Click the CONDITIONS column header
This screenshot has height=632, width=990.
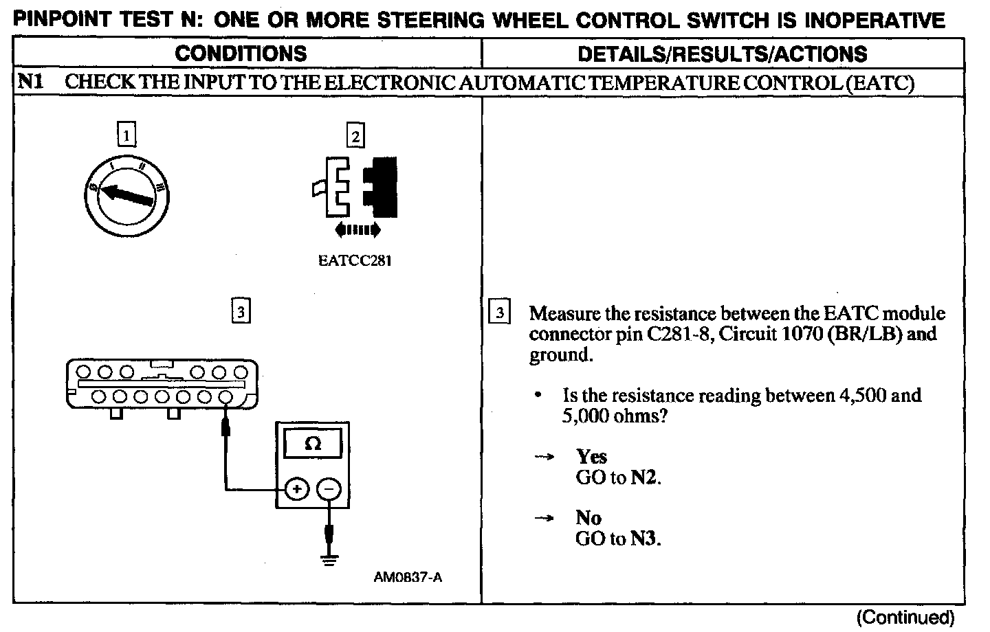(x=240, y=54)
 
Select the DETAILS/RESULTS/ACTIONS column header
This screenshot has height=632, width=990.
(x=722, y=54)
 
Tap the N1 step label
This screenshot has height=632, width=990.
(x=30, y=82)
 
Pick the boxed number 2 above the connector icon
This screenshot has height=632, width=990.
(x=355, y=136)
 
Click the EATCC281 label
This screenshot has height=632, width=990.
(x=355, y=261)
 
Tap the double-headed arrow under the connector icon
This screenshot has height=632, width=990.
(x=355, y=229)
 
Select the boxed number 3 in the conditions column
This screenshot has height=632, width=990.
(x=240, y=312)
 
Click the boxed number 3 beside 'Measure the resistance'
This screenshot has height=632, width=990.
(x=499, y=313)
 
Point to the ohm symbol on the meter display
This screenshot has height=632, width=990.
(x=313, y=444)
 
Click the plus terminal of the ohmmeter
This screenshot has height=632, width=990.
(x=296, y=489)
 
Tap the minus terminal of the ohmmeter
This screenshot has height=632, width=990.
(x=329, y=489)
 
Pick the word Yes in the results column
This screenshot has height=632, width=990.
(x=591, y=457)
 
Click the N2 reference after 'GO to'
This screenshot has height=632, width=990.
(x=645, y=477)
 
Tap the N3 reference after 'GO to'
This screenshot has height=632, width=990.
(x=645, y=539)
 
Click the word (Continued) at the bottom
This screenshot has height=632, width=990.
(x=905, y=617)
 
